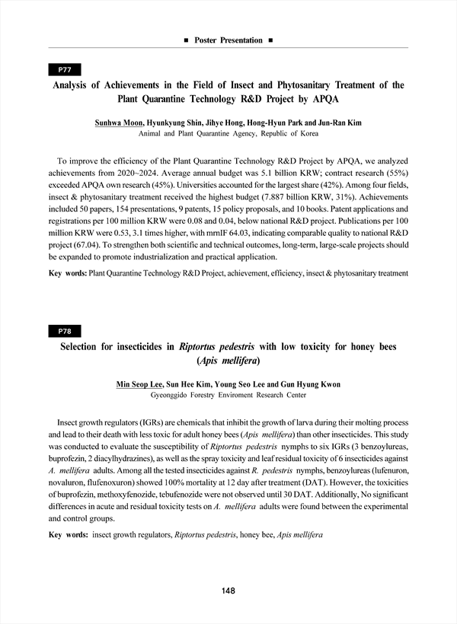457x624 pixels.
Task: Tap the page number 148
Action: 228,591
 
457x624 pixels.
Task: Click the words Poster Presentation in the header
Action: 228,40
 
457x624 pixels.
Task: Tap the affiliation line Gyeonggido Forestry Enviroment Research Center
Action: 228,396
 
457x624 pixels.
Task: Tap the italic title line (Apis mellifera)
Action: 228,361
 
